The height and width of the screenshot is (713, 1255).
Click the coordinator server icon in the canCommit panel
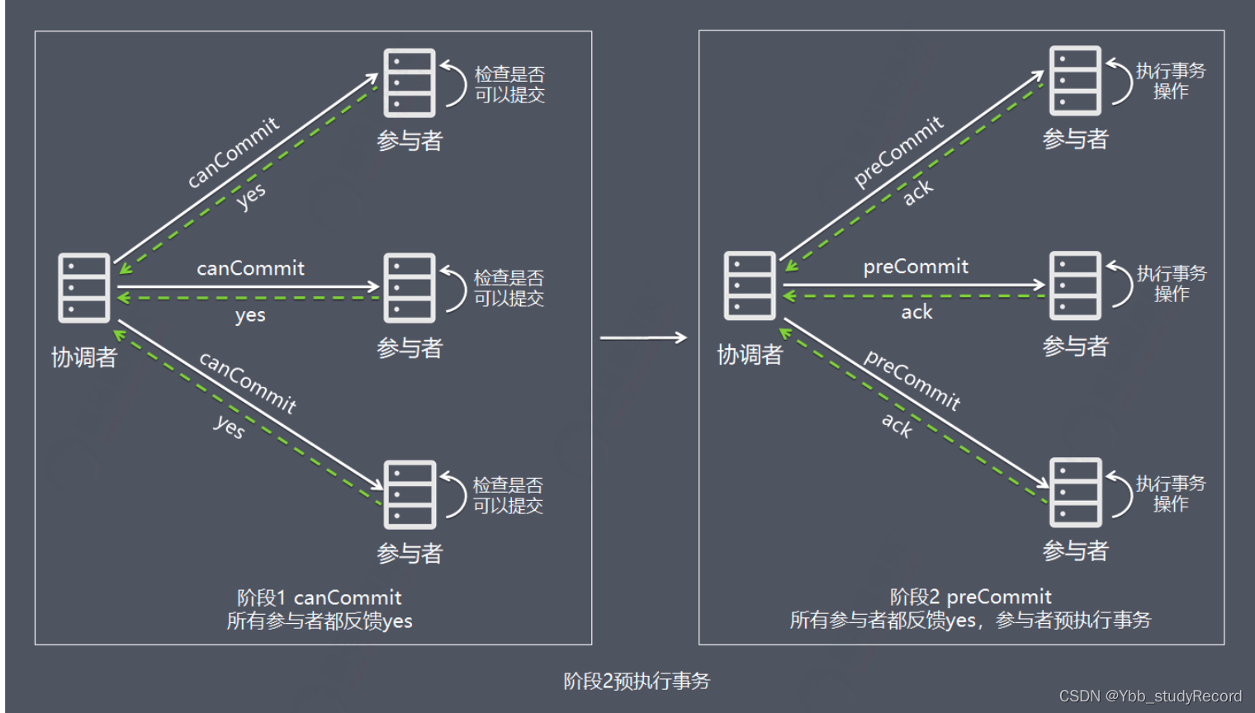tap(83, 287)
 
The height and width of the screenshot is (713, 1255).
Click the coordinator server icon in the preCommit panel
tap(749, 286)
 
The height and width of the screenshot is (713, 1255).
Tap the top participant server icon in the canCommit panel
tap(409, 83)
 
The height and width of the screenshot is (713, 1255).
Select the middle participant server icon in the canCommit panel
tap(409, 287)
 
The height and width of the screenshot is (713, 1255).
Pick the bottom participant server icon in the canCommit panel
tap(409, 494)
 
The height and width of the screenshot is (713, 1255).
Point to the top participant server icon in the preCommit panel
tap(1074, 80)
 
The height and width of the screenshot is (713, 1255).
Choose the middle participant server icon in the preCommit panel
tap(1074, 286)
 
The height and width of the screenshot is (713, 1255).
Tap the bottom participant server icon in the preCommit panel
tap(1074, 492)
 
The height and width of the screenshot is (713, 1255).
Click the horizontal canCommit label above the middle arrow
tap(250, 268)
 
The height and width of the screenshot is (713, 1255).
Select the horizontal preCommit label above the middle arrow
tap(916, 267)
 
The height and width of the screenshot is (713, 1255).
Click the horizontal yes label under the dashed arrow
tap(249, 315)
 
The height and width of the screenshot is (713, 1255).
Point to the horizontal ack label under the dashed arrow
tap(916, 312)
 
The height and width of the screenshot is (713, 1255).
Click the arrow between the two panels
tap(643, 338)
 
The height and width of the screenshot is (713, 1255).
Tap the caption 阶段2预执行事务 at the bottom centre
tap(637, 681)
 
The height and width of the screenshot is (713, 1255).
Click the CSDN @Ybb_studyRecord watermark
tap(1150, 696)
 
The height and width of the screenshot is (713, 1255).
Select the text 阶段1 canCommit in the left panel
tap(320, 597)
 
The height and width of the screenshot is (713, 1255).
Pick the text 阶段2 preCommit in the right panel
tap(970, 597)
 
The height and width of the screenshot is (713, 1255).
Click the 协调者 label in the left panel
tap(84, 357)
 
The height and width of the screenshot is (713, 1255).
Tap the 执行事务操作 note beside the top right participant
tap(1170, 81)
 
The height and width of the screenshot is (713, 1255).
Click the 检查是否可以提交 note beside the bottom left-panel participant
tap(508, 495)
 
